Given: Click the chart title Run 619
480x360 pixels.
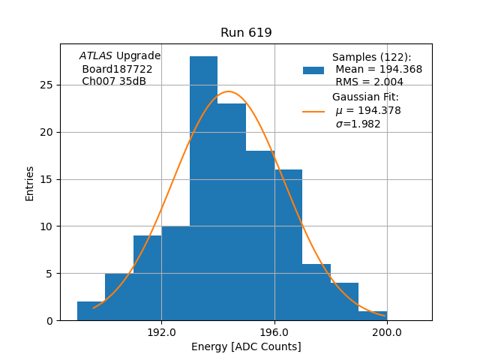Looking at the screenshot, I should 246,33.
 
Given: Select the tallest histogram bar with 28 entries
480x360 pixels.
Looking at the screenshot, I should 203,187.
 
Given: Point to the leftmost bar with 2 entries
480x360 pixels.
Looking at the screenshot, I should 91,311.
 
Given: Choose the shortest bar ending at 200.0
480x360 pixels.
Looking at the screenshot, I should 373,316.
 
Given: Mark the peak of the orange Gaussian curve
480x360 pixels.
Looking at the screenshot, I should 229,91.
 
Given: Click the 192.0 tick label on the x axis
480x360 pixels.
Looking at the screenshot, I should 161,332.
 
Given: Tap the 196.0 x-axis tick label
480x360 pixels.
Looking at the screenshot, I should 274,332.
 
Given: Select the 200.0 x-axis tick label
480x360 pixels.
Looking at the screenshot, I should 387,332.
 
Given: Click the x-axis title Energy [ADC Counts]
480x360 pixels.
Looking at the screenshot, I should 246,346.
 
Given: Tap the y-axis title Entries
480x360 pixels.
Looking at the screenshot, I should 30,183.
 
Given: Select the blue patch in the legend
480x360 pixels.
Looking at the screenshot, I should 313,70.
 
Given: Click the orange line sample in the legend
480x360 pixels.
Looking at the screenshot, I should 313,111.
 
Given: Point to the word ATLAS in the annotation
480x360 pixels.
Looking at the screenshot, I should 95,55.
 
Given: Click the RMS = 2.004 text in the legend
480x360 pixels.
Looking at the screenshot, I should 369,82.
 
